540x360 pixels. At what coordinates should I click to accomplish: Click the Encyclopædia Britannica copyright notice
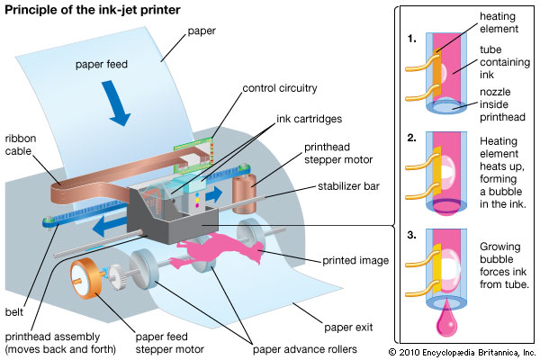coord(461,352)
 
